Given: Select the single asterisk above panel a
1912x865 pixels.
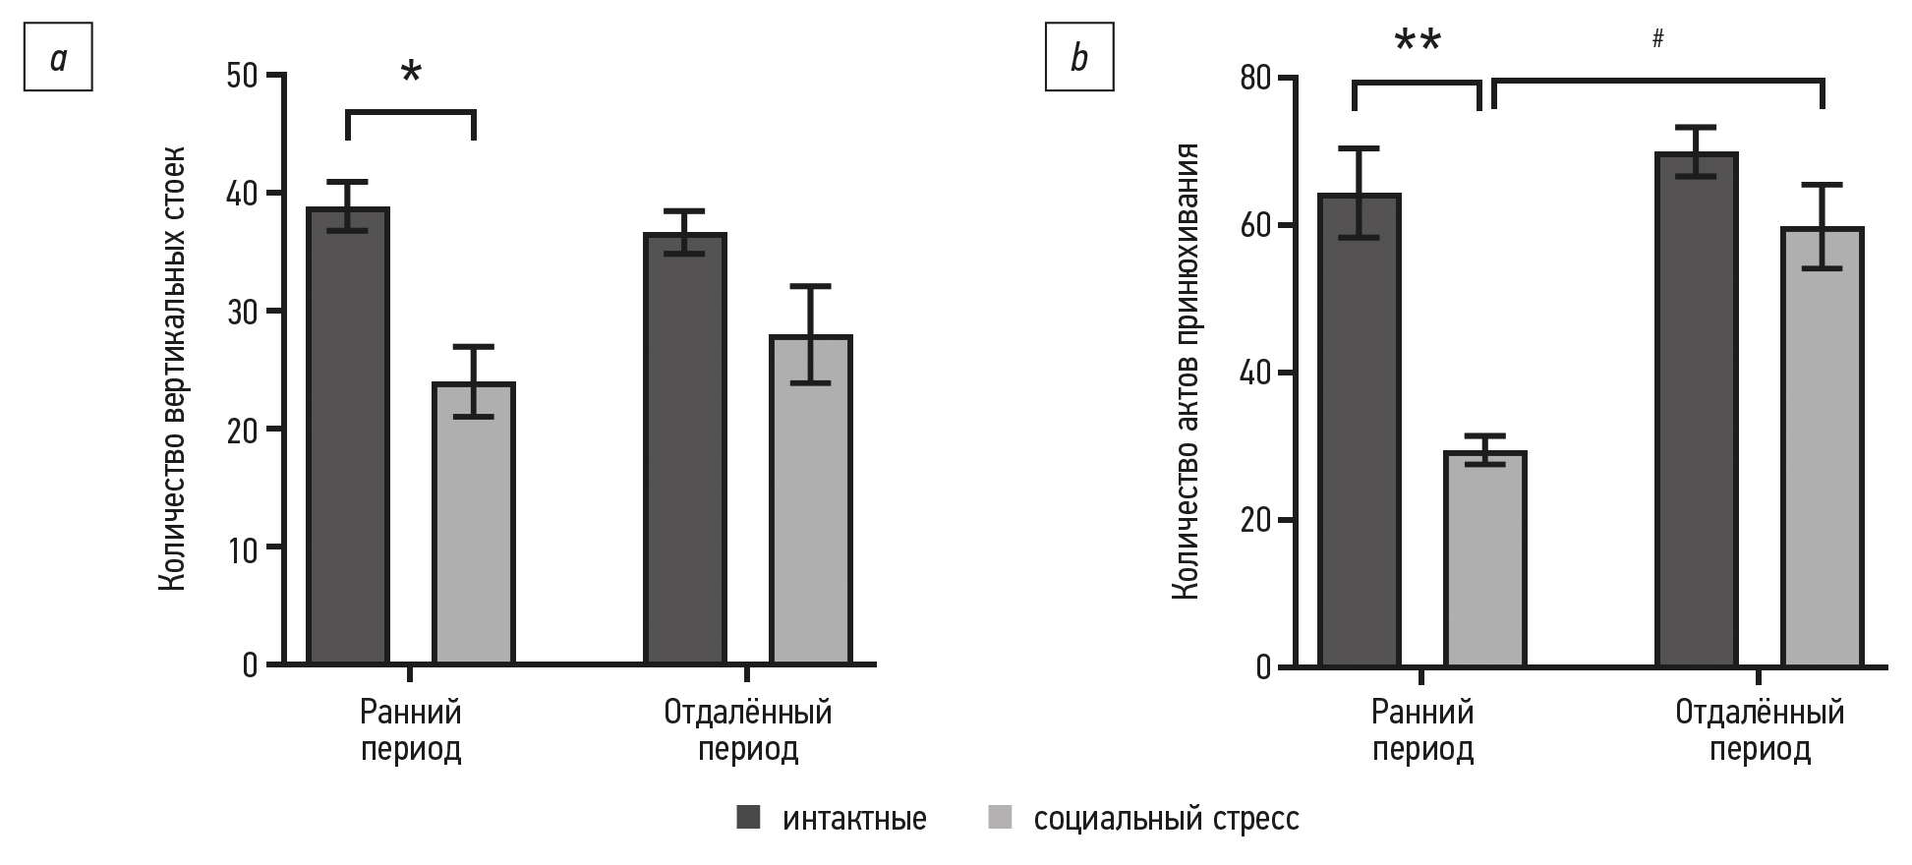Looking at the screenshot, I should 411,74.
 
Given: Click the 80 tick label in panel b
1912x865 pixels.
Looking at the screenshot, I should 1254,79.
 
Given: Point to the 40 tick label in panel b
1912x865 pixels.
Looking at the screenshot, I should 1254,374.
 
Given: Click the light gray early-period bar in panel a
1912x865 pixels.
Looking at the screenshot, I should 474,523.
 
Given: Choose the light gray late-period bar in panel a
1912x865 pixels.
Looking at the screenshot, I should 811,499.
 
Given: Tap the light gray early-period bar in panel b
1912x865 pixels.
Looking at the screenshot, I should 1484,558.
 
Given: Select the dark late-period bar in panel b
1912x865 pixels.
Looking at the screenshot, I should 1697,410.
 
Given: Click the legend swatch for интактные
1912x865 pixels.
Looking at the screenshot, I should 749,818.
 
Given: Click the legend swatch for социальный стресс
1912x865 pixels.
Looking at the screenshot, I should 1000,818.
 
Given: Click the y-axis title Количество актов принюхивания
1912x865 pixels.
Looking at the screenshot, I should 1185,371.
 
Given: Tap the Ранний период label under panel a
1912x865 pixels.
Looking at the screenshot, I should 411,730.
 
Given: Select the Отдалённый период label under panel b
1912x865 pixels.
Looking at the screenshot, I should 1760,730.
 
